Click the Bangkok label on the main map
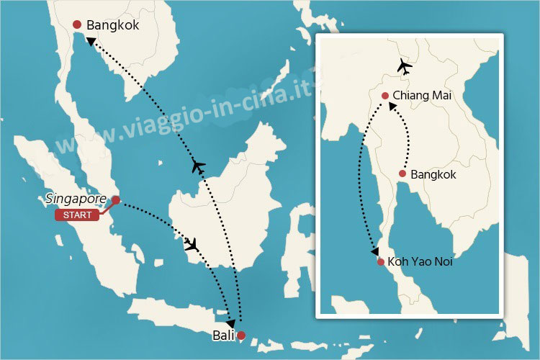(112, 26)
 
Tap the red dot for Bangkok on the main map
(78, 26)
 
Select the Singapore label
(76, 199)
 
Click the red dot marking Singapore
(116, 201)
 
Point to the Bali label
(222, 336)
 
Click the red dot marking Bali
(241, 335)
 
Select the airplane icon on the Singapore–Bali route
(192, 244)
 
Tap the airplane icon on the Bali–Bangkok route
(199, 167)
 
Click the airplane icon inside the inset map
(405, 68)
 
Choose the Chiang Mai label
(420, 96)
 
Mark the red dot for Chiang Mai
(386, 96)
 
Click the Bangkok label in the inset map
(433, 174)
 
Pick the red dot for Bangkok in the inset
(403, 174)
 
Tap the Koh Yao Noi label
(420, 261)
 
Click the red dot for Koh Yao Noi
(380, 261)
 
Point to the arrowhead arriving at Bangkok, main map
(90, 41)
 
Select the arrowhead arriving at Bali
(230, 323)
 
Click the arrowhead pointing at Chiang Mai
(392, 107)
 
